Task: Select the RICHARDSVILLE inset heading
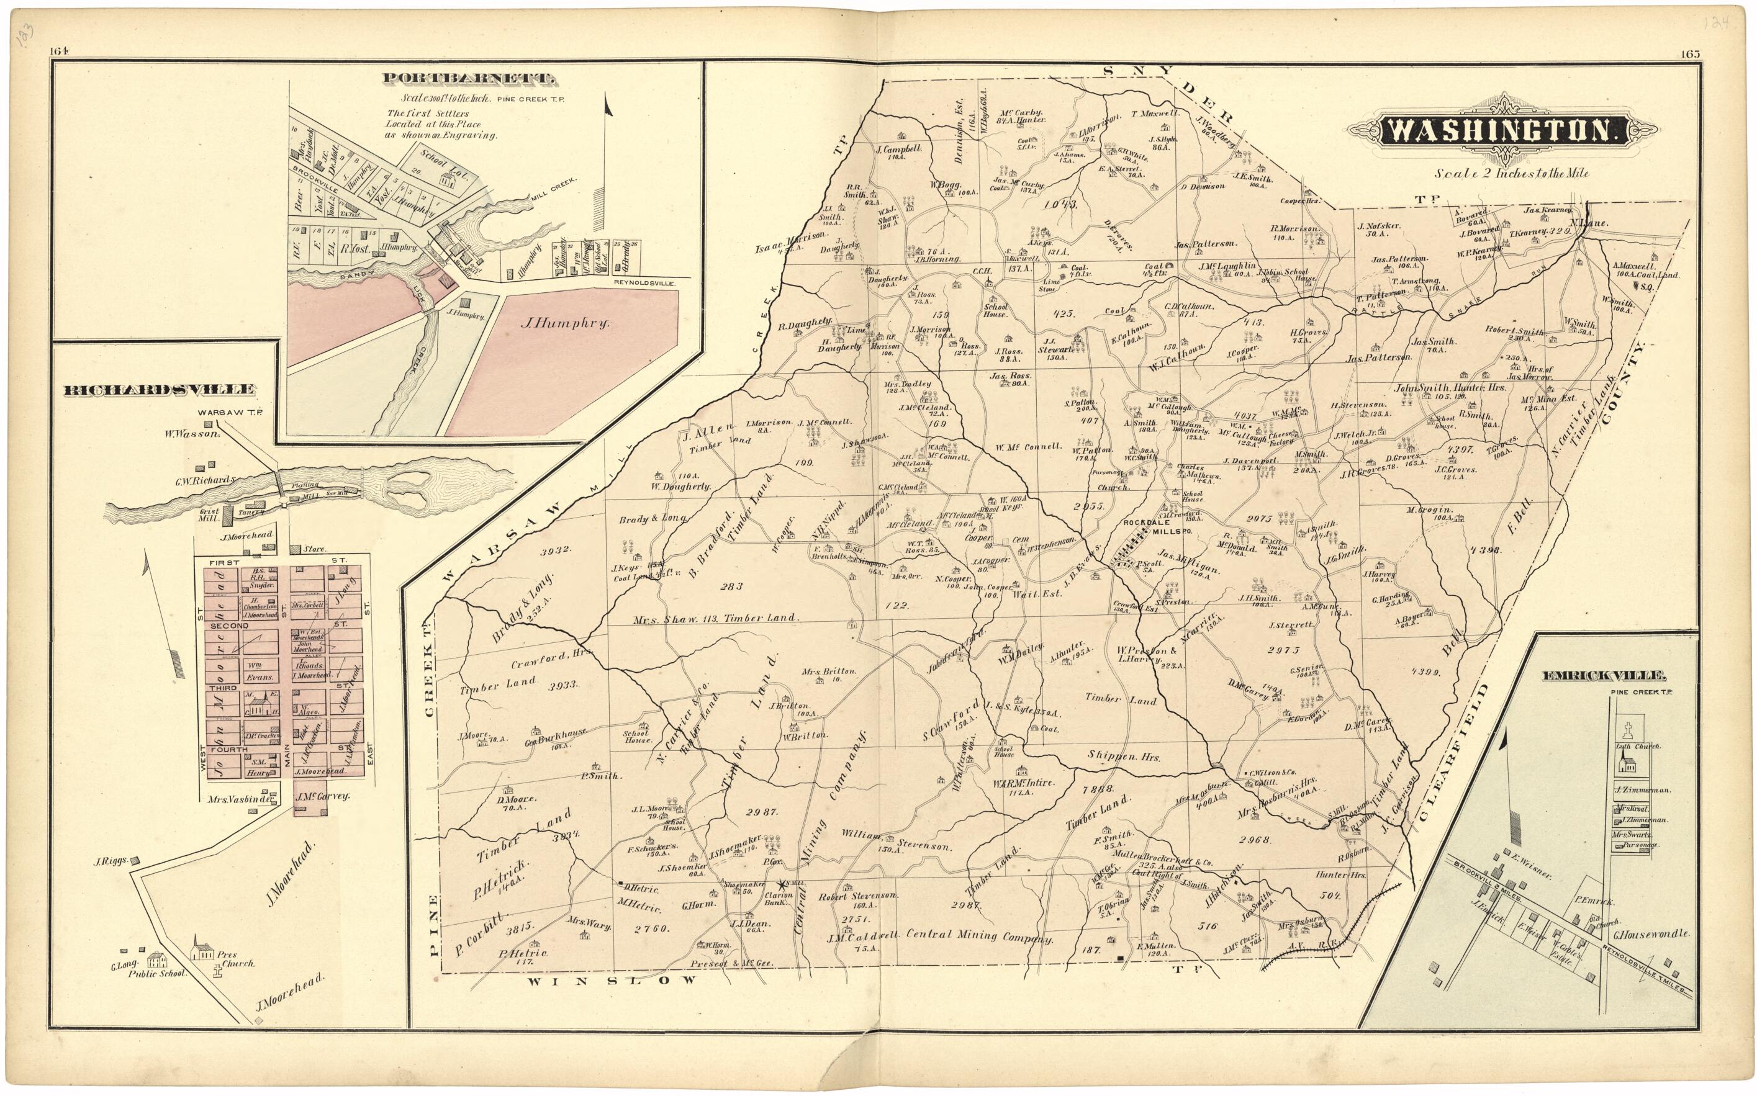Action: [x=160, y=390]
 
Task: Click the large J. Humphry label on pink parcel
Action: [x=564, y=324]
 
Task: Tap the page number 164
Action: [x=59, y=51]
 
